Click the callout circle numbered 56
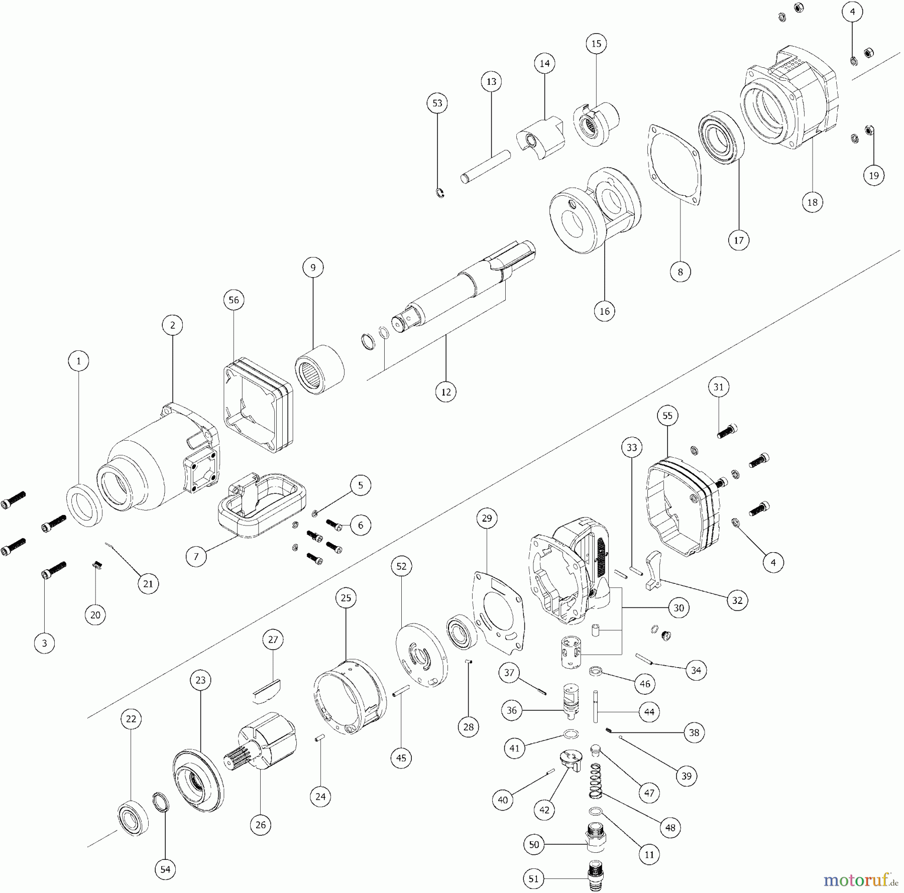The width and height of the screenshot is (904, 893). (234, 300)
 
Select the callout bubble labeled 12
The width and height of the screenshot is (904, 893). (446, 392)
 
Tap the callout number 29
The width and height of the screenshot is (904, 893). (487, 518)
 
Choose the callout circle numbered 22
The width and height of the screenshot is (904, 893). (131, 719)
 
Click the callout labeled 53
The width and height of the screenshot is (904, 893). (437, 103)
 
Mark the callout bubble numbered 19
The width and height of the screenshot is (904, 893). (873, 175)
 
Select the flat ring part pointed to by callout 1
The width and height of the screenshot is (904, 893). (84, 504)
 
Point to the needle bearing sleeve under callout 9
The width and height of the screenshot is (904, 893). (319, 370)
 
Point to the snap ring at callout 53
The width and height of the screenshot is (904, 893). (440, 193)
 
